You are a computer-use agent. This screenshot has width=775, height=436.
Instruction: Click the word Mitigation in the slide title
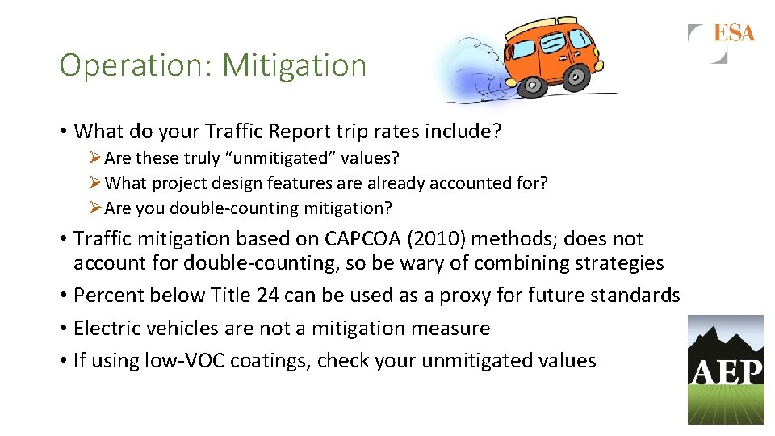[x=294, y=65]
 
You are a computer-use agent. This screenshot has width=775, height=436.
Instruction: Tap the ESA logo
[x=733, y=33]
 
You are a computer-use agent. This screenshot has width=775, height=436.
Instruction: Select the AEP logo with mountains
[x=725, y=369]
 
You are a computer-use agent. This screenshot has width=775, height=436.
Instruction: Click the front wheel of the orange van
[x=576, y=77]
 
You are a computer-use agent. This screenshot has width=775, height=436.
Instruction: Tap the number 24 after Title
[x=268, y=296]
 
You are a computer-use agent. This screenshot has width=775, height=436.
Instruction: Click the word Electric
[x=103, y=328]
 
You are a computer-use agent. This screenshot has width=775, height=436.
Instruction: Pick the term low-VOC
[x=185, y=360]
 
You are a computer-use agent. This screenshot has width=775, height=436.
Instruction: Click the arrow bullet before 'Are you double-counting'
[x=96, y=208]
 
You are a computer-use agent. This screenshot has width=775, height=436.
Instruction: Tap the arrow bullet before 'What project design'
[x=96, y=183]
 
